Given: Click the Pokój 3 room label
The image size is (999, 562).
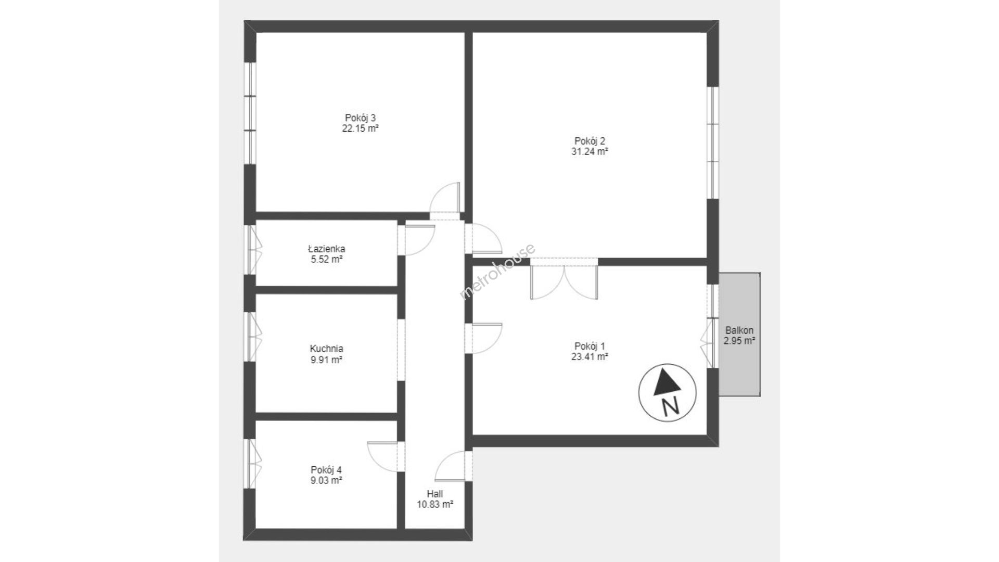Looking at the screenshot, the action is [x=360, y=118].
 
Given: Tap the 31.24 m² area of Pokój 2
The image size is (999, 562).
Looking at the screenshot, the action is [x=590, y=152].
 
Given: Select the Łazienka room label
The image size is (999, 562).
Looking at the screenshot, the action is [x=326, y=249].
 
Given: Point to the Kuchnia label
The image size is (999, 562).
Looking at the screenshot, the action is [x=326, y=349].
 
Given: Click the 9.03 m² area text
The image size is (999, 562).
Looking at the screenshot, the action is [x=326, y=480].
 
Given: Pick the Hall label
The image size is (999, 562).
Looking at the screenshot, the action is [x=435, y=494].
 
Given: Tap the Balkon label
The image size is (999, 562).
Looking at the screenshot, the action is [x=739, y=330].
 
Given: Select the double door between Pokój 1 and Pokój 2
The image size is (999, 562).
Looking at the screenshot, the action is [x=564, y=279].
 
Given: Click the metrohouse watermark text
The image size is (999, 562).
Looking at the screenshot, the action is [x=497, y=272].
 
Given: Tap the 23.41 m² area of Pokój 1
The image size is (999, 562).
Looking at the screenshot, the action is [x=590, y=357].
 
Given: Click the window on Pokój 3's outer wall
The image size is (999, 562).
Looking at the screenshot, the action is [x=251, y=113].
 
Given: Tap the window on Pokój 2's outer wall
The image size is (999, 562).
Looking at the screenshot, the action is [x=713, y=142].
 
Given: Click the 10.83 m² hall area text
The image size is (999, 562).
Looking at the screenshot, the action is [x=435, y=504].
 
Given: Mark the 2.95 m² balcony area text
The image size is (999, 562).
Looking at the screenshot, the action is [x=739, y=341].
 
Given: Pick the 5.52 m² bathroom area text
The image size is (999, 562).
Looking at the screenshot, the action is [x=326, y=260].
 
